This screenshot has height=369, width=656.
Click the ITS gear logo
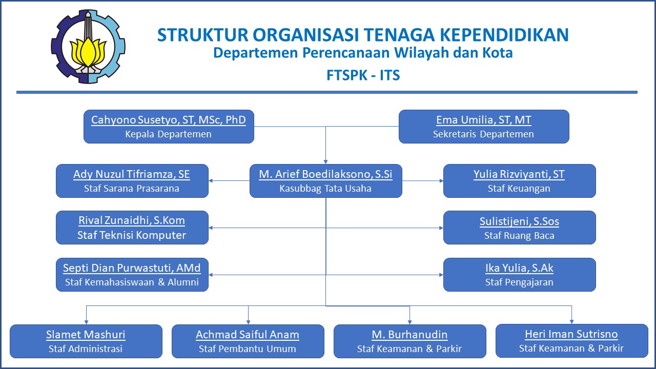click(88, 46)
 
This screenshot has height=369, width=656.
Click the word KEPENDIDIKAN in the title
click(504, 35)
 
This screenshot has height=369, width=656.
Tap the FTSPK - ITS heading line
click(363, 75)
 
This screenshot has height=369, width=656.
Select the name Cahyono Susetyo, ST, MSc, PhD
click(169, 120)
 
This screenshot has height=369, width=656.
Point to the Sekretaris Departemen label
click(483, 134)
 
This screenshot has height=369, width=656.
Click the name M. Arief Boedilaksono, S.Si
click(325, 174)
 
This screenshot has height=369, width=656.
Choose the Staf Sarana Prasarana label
click(132, 188)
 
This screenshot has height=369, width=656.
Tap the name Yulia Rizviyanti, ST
click(519, 174)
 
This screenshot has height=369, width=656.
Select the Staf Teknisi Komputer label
click(132, 235)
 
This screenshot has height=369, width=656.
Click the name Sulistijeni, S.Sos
click(519, 221)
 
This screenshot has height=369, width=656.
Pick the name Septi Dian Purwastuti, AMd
click(132, 268)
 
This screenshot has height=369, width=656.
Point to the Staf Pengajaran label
click(519, 282)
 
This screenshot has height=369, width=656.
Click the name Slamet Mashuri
click(86, 335)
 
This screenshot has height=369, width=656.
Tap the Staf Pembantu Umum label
click(248, 349)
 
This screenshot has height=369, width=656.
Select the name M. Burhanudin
click(409, 335)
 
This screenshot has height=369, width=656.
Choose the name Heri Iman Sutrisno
click(571, 334)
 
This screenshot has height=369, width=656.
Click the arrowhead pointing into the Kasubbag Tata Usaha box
click(325, 162)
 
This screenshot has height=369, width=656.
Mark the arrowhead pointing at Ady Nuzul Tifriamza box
click(211, 181)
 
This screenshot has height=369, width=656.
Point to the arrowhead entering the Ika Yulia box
click(441, 275)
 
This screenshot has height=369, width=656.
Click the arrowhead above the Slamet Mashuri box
click(86, 322)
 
